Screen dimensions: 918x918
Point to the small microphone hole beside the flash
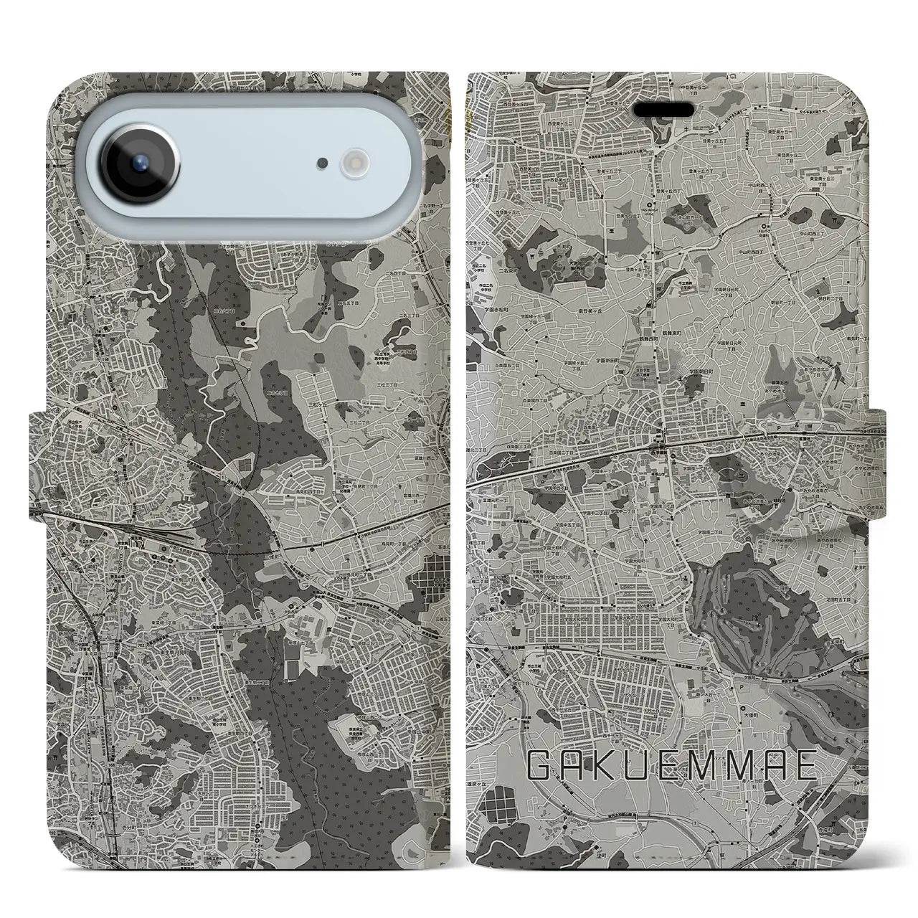click(x=323, y=164)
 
